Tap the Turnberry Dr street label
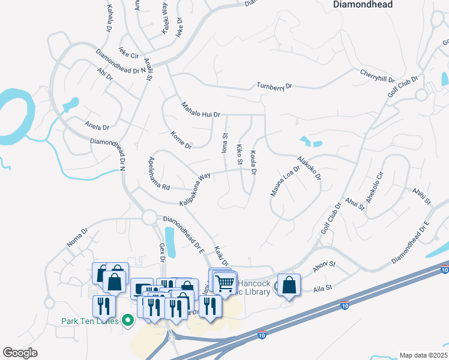274,86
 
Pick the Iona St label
225,145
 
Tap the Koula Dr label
253,163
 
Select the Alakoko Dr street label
309,169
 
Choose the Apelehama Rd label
159,174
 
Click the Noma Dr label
77,236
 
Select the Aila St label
324,289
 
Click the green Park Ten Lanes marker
127,320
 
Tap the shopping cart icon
225,283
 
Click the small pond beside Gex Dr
169,241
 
